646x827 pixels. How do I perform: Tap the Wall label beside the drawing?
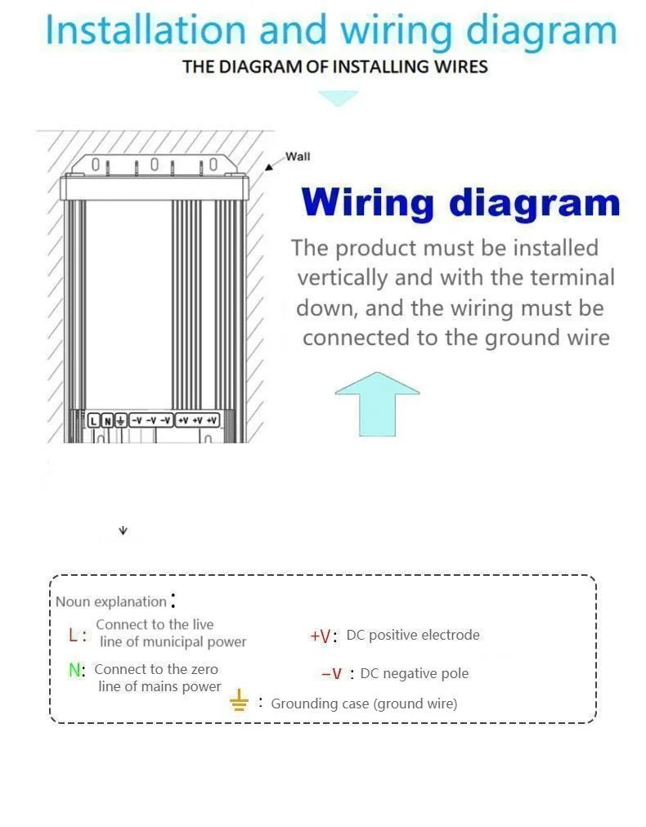298,156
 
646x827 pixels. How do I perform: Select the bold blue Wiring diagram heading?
460,203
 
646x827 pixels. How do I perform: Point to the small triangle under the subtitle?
338,98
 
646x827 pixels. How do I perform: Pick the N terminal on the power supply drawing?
106,420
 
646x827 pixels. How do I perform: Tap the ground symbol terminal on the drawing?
120,420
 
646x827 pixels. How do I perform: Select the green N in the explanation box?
75,670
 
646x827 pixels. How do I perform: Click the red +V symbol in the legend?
321,636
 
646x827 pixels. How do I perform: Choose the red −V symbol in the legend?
332,674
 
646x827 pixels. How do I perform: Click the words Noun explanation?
110,601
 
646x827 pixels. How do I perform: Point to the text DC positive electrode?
413,635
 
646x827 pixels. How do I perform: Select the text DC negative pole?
415,673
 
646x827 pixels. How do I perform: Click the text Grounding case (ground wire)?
364,703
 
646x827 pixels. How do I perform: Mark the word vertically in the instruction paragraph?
343,277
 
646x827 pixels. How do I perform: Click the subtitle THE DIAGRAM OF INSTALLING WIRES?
335,66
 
